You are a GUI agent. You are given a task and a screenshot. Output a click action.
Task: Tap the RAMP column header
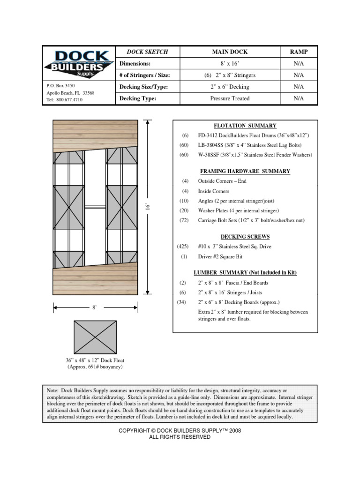pos(299,52)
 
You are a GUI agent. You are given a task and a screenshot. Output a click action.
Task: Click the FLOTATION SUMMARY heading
pos(245,126)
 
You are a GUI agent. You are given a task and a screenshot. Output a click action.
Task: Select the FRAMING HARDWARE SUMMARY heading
pos(245,172)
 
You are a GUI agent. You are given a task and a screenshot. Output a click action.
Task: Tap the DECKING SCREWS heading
pos(245,237)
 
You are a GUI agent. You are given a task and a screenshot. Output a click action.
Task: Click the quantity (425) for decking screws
pos(183,247)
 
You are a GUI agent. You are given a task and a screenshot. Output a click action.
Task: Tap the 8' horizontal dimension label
pos(94,307)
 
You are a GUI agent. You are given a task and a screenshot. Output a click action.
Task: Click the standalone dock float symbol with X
pos(95,337)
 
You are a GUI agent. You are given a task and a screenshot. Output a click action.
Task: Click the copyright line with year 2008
pos(180,430)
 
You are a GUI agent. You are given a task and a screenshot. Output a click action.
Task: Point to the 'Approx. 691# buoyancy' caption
pos(95,367)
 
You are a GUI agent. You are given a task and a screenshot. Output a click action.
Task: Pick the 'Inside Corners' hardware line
pos(213,191)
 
